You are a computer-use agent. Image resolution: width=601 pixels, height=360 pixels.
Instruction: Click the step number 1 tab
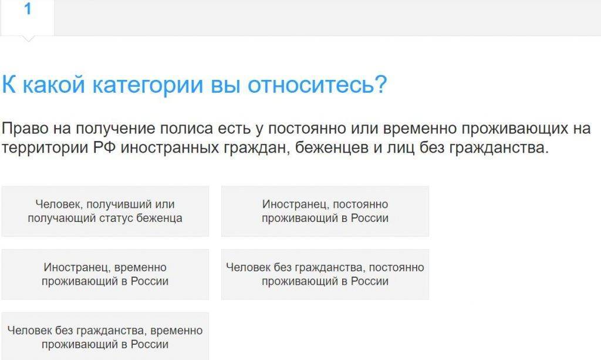coord(28,17)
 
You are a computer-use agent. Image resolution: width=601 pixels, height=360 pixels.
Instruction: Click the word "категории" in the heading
coord(148,85)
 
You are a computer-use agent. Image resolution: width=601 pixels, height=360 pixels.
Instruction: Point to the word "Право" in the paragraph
coord(25,129)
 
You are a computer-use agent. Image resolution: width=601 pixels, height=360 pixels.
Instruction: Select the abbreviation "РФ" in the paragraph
coord(104,147)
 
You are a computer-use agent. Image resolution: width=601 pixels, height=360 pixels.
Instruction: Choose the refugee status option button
coord(106,211)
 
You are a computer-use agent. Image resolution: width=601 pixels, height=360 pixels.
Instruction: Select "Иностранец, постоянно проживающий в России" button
coord(325,211)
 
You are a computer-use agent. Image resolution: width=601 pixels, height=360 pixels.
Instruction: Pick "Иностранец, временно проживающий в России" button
coord(106,274)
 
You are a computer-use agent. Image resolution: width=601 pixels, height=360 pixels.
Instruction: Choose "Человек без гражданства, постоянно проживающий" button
coord(325,274)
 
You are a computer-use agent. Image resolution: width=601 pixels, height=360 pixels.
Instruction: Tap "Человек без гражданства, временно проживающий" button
coord(106,337)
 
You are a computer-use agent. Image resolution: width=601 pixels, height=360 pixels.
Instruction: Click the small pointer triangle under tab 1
coord(28,39)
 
